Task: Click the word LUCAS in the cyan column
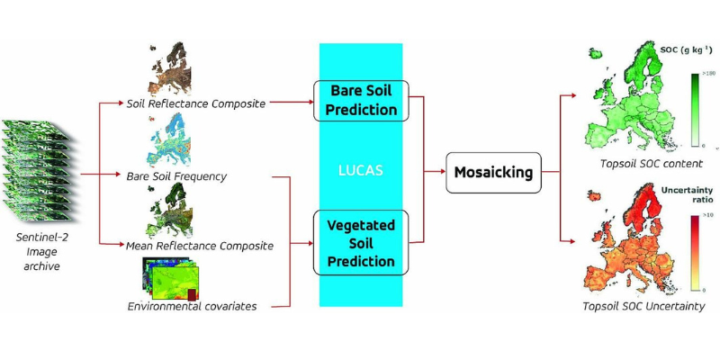(363, 171)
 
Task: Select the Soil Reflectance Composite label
(196, 103)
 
